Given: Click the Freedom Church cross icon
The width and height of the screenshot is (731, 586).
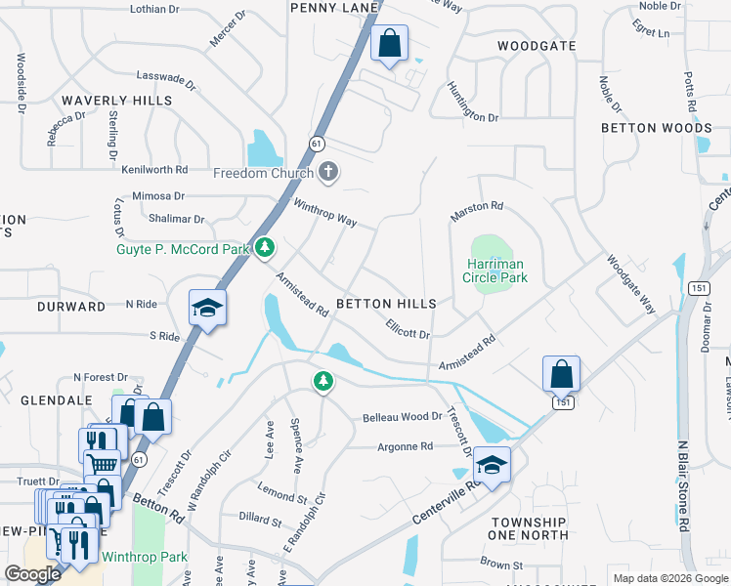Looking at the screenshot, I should (329, 173).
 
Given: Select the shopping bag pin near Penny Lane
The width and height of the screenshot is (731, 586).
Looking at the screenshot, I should (389, 44).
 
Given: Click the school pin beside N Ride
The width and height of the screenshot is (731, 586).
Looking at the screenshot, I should (207, 309).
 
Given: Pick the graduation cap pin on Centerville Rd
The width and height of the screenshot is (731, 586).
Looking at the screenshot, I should (493, 466).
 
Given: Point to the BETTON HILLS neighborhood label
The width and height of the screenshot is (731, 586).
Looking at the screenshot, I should (386, 305).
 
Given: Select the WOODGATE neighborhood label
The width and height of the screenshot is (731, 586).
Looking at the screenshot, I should (537, 46).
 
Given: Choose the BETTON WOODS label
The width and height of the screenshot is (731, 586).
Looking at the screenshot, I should (656, 128).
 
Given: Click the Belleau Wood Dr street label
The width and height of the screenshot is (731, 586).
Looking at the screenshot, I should (403, 417).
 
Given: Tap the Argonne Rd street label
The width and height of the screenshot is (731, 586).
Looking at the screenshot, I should (405, 446).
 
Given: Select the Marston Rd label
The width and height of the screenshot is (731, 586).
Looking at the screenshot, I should (476, 210).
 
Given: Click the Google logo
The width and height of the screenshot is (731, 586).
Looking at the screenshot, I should (33, 574).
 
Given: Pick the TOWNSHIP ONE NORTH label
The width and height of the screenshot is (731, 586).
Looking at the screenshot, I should (529, 528).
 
